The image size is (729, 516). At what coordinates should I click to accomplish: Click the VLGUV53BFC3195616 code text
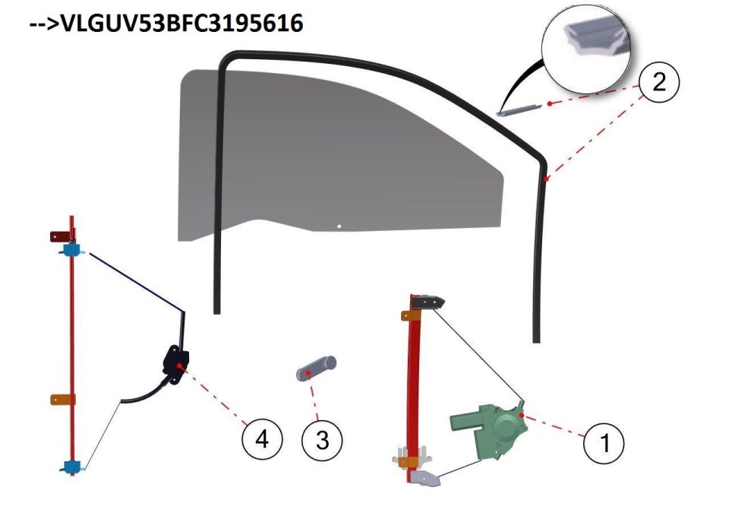point(181,22)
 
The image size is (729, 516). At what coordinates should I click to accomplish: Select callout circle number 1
point(604,442)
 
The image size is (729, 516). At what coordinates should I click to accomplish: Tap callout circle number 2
point(659,82)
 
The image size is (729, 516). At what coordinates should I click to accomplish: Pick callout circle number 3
point(322,440)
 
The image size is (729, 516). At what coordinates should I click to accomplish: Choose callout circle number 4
point(262,438)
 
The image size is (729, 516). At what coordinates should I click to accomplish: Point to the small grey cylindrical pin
point(316,368)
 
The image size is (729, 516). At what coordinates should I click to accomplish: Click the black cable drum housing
point(175,365)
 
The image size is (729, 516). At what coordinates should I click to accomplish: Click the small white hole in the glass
point(339,226)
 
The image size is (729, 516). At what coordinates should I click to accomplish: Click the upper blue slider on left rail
point(71,250)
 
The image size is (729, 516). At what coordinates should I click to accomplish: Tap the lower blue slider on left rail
point(72,467)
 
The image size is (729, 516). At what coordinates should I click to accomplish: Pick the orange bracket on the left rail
point(63,399)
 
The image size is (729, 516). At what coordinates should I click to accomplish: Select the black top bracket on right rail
point(428,302)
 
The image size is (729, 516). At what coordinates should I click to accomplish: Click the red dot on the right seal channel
point(547,179)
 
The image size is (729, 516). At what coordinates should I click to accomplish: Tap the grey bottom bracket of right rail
point(425,478)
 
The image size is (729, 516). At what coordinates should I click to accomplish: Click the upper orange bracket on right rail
point(411,315)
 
